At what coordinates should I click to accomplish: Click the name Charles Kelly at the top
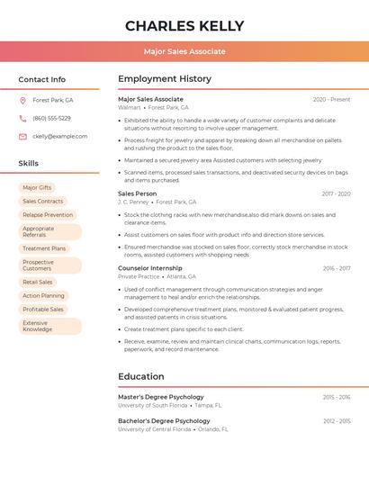pos(184,25)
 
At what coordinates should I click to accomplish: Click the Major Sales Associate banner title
pos(184,51)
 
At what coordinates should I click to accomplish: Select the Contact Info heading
pos(42,79)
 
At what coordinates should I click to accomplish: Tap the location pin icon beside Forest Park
pos(22,100)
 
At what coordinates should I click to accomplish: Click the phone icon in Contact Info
pos(22,118)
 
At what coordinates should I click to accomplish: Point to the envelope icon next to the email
pos(22,136)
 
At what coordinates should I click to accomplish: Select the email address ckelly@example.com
pos(60,136)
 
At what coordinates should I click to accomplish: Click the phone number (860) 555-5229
pos(51,118)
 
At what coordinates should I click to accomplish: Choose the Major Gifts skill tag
pos(37,188)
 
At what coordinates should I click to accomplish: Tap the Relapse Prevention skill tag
pos(48,215)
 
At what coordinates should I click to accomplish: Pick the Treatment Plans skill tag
pos(44,248)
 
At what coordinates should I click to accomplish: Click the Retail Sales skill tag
pos(38,282)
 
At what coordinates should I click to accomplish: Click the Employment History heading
pos(165,79)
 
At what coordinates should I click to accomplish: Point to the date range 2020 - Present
pos(331,99)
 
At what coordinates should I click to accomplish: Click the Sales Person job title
pos(137,193)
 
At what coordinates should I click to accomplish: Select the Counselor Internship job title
pos(149,268)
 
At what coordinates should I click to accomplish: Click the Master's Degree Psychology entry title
pos(161,397)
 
